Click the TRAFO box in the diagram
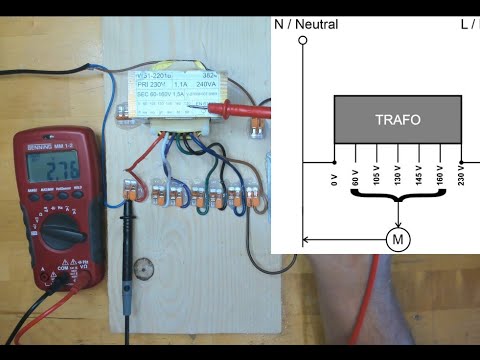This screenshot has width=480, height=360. [x=397, y=119]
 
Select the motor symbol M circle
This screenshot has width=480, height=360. [x=398, y=239]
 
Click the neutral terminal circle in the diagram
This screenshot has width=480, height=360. [x=303, y=42]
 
